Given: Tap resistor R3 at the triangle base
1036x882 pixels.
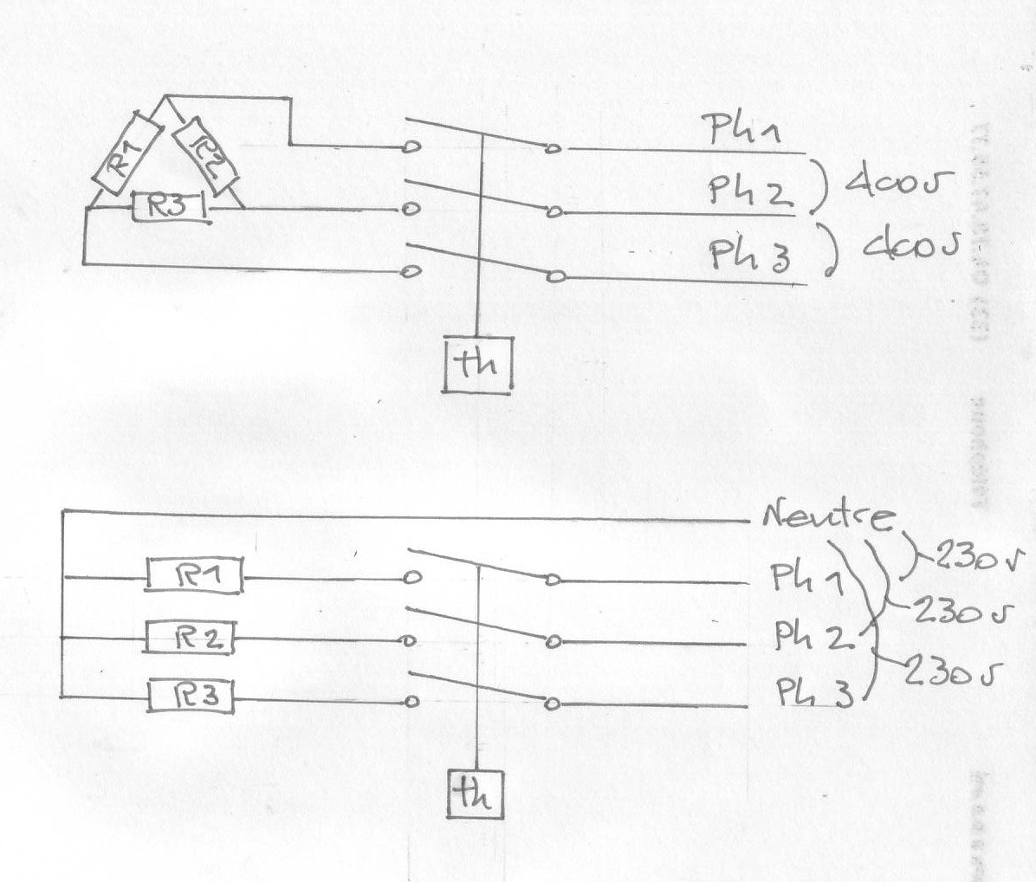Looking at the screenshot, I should (x=168, y=208).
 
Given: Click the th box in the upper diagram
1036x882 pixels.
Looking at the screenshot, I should (x=479, y=365).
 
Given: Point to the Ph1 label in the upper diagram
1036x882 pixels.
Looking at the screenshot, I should (x=744, y=133).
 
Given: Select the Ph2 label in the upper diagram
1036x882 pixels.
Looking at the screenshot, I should (x=750, y=191).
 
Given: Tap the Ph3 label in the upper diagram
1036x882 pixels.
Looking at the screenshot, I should (x=750, y=254).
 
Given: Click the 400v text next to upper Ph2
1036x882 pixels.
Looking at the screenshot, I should (x=897, y=185).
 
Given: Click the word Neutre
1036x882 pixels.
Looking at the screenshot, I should (x=827, y=517).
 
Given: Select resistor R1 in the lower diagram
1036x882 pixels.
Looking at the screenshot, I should (x=195, y=575).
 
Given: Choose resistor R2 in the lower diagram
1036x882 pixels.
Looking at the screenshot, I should (x=191, y=639).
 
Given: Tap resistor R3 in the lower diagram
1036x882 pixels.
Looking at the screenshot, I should (x=191, y=697).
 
